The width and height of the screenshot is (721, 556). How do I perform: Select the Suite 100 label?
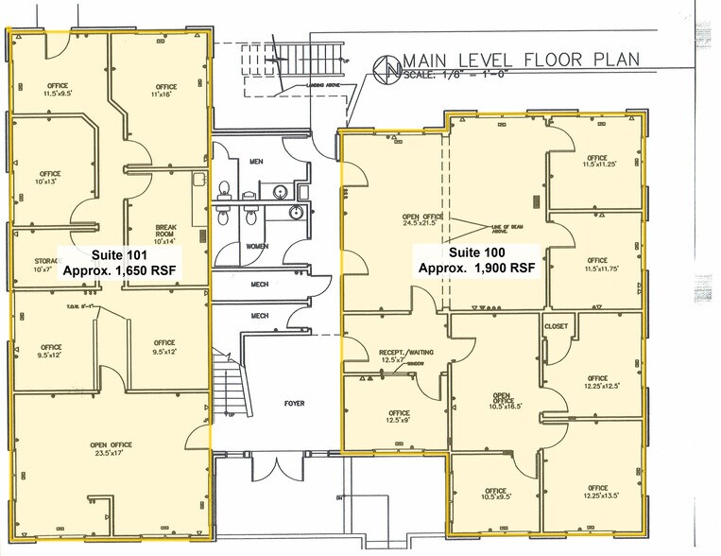coord(477,252)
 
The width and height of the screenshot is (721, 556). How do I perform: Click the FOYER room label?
coord(295,404)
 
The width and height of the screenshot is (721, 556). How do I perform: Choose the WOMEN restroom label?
coord(258,246)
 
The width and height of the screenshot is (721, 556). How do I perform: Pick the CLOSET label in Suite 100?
coord(556,326)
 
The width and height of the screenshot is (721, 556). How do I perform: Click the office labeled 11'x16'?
coord(166,91)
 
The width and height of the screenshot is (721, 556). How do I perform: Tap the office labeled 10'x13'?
coord(49,178)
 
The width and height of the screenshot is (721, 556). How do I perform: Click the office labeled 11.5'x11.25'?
coord(596,161)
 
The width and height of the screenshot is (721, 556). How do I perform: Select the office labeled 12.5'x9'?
coord(399,417)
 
